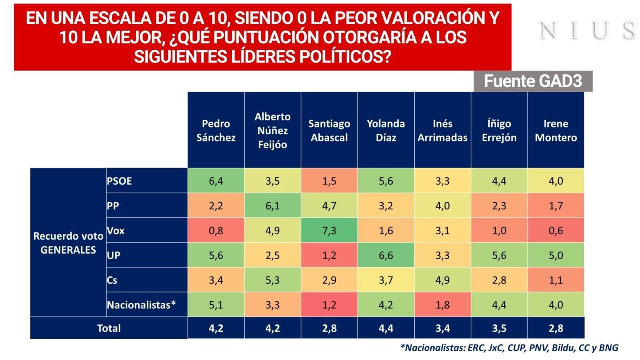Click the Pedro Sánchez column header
(x=216, y=130)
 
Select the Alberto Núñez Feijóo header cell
(x=272, y=130)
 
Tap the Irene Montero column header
(x=556, y=130)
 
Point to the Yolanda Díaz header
(x=386, y=130)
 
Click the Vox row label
(x=116, y=230)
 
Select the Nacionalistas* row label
(x=141, y=305)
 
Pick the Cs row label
(x=112, y=280)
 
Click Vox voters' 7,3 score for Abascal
(x=329, y=230)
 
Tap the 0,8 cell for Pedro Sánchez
(x=216, y=230)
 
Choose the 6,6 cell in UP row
(x=386, y=255)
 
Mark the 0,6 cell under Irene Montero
(x=556, y=230)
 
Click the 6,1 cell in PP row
(x=272, y=206)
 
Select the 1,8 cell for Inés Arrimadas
(x=442, y=305)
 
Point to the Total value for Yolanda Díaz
(x=386, y=328)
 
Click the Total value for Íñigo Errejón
(x=499, y=328)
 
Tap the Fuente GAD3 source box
(x=532, y=81)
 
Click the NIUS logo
(x=587, y=30)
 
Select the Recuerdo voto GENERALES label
(x=68, y=243)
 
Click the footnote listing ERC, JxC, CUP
(x=509, y=348)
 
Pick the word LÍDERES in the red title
(x=263, y=57)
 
